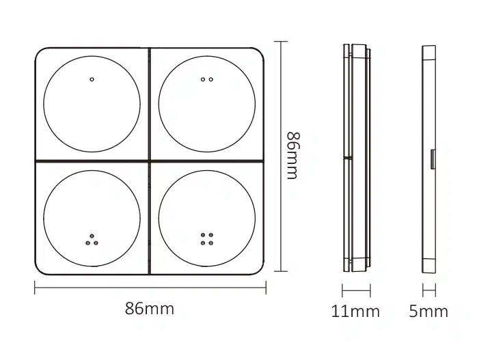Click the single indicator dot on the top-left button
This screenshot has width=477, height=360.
(x=92, y=79)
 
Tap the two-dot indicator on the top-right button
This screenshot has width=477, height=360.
(x=206, y=79)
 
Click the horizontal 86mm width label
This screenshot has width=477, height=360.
(x=149, y=309)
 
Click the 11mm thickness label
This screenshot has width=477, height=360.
(x=355, y=312)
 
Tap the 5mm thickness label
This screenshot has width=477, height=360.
(x=428, y=312)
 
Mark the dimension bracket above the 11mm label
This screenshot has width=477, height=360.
(x=355, y=291)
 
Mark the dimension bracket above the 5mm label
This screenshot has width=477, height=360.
(x=428, y=291)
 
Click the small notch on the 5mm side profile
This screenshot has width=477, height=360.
(x=433, y=158)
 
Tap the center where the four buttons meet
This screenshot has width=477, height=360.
(x=149, y=161)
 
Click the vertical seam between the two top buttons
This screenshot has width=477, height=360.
(x=149, y=102)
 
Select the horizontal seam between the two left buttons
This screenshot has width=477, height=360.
(x=92, y=161)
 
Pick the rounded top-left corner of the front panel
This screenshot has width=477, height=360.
(x=40, y=53)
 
